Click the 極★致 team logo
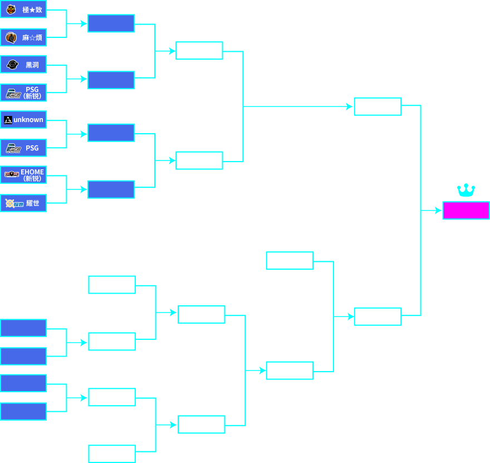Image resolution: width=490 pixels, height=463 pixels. click(x=11, y=9)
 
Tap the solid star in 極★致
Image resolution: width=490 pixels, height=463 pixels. click(x=32, y=10)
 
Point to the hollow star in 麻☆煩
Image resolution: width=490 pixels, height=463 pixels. click(x=32, y=38)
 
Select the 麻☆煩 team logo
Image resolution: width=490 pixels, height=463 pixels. click(x=11, y=37)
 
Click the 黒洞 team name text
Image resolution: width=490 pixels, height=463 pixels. click(x=32, y=65)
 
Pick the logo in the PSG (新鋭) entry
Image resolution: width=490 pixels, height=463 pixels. click(x=13, y=94)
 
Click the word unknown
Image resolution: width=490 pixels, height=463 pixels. click(x=28, y=120)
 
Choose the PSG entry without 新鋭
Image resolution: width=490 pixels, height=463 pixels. click(x=23, y=148)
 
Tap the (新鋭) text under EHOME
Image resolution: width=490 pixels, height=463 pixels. click(x=32, y=179)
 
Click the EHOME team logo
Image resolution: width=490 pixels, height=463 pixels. click(x=12, y=174)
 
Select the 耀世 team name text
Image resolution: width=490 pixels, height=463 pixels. click(x=33, y=203)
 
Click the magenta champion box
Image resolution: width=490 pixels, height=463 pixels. click(x=466, y=211)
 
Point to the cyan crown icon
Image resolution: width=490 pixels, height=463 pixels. click(x=465, y=191)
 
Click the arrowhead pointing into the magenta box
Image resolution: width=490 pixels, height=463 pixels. click(x=438, y=211)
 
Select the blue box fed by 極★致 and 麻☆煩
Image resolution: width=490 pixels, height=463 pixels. click(x=111, y=23)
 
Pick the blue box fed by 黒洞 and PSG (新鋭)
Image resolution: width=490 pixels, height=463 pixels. click(x=111, y=80)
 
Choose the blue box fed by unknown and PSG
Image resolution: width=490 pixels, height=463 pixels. click(x=111, y=133)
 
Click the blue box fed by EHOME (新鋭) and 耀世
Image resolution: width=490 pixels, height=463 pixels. click(x=111, y=189)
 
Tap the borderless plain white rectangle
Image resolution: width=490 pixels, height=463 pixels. click(x=449, y=430)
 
